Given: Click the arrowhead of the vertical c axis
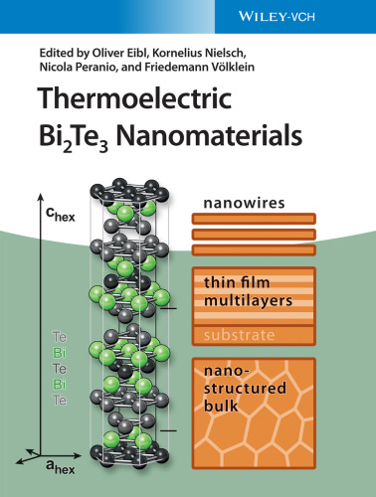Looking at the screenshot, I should (32, 201).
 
